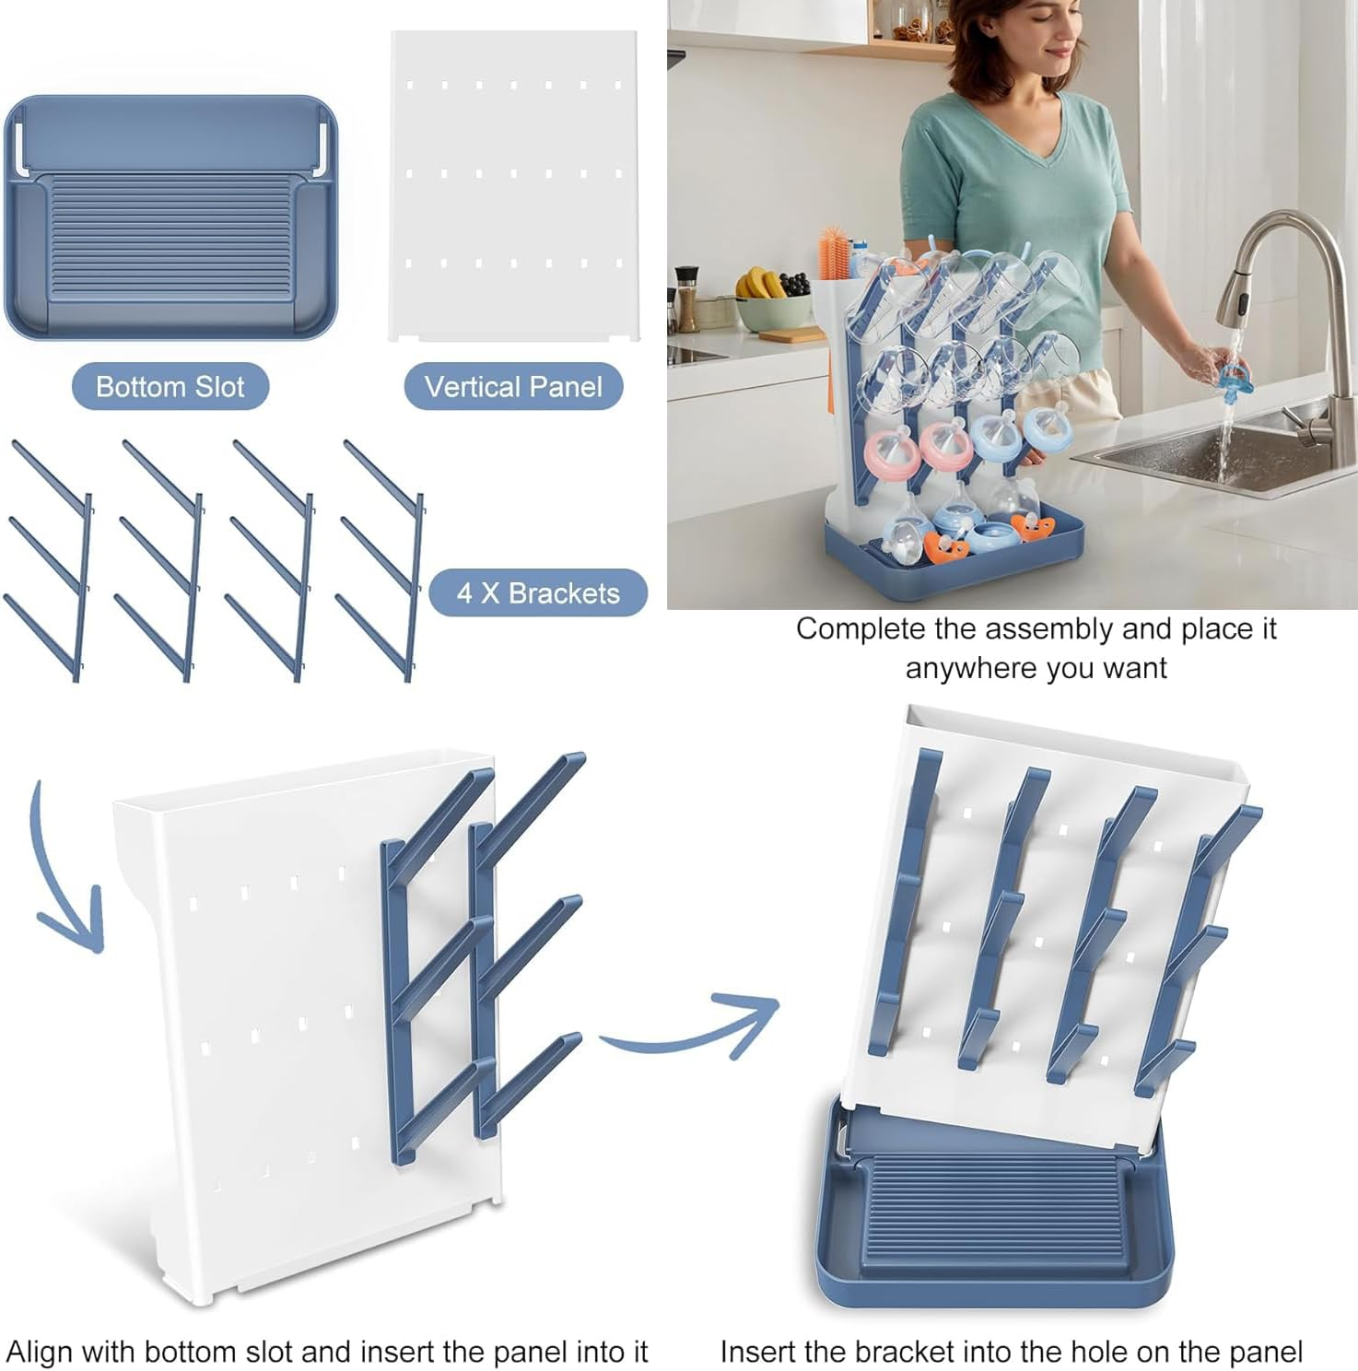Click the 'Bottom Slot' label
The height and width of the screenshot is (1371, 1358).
coord(170,387)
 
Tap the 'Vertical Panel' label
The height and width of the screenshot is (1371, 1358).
coord(513,387)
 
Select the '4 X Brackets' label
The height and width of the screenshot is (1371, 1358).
coord(538,593)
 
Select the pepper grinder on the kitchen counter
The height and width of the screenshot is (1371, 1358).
coord(686,299)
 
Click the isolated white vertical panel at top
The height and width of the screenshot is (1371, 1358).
coord(513,184)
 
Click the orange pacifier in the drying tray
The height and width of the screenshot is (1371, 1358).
coord(947,545)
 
